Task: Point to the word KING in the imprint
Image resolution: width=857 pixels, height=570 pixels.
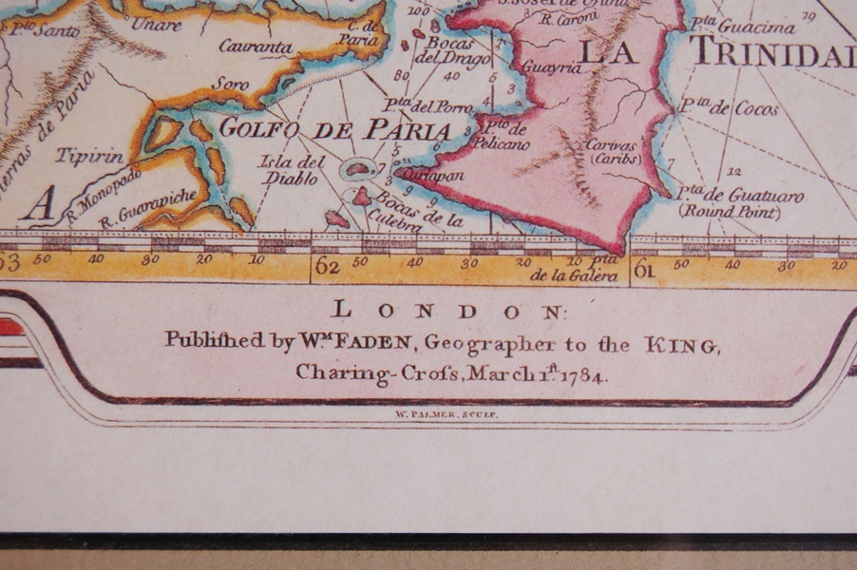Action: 681,344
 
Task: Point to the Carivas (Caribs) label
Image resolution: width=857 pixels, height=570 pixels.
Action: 614,152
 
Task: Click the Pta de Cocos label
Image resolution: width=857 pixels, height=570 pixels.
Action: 729,107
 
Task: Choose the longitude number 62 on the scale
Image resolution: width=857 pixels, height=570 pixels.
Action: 327,266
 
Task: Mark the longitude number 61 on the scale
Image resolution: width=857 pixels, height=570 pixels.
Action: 643,269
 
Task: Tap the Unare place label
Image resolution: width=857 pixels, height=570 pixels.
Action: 156,24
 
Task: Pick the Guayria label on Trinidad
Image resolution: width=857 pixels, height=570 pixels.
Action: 545,67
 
